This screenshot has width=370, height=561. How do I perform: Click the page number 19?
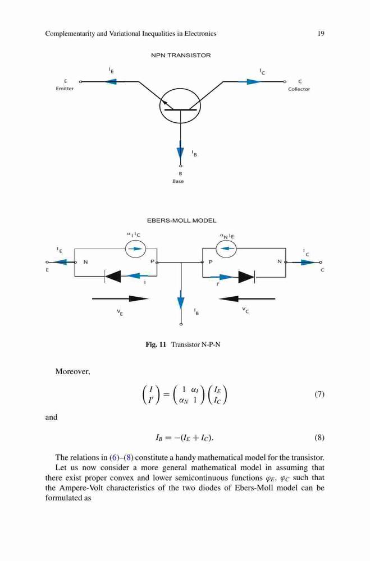[x=321, y=34]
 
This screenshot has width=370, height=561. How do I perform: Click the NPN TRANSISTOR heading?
[x=181, y=56]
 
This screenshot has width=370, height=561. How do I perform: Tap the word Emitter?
[x=65, y=89]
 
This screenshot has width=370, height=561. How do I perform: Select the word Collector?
[x=299, y=89]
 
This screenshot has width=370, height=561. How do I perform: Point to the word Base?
[x=178, y=181]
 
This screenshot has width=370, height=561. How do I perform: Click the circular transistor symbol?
[x=180, y=106]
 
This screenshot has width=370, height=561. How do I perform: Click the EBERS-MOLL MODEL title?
[x=181, y=220]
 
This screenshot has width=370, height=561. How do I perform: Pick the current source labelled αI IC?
[x=135, y=249]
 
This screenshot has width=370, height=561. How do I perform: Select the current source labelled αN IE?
[x=226, y=248]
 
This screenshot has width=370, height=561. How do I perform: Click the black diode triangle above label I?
[x=113, y=276]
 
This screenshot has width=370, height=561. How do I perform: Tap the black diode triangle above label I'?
[x=246, y=277]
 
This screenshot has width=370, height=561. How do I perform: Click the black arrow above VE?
[x=120, y=298]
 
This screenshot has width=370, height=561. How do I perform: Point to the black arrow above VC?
[x=247, y=298]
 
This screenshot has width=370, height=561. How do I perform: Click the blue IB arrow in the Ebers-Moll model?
[x=181, y=302]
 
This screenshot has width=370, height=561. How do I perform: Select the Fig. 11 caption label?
[x=156, y=344]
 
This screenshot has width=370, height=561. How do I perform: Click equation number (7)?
[x=319, y=394]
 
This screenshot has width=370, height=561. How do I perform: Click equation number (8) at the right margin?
[x=319, y=438]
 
